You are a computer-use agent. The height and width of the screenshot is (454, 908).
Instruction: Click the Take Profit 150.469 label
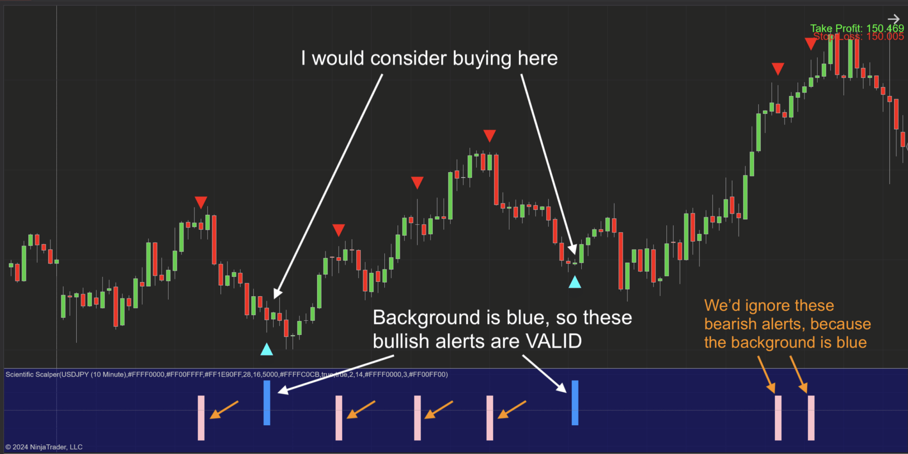(x=857, y=28)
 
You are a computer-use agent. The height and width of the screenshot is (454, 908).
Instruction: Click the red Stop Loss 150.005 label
(x=858, y=37)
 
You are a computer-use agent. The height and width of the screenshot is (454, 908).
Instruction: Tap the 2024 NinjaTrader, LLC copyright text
(x=44, y=447)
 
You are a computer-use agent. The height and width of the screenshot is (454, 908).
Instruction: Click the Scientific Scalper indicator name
(x=32, y=375)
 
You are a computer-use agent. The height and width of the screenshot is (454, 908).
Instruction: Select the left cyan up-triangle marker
(x=266, y=349)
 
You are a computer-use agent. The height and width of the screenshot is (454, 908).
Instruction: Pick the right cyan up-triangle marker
(x=575, y=282)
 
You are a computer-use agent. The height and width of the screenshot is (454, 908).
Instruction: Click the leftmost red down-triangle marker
(x=201, y=202)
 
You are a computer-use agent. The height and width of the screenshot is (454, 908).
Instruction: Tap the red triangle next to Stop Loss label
(x=810, y=43)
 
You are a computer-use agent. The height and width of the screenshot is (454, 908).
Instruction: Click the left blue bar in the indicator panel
(x=267, y=403)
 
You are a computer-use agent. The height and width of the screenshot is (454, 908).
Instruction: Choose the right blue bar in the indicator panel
(x=575, y=403)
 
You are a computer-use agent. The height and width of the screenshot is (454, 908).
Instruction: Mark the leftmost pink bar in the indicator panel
(x=201, y=418)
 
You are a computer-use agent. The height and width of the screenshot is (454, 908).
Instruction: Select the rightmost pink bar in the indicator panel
(x=811, y=418)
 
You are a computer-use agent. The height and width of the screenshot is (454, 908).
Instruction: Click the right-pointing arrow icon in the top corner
(x=894, y=19)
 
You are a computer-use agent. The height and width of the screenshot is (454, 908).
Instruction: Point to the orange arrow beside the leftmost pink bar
(x=224, y=410)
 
